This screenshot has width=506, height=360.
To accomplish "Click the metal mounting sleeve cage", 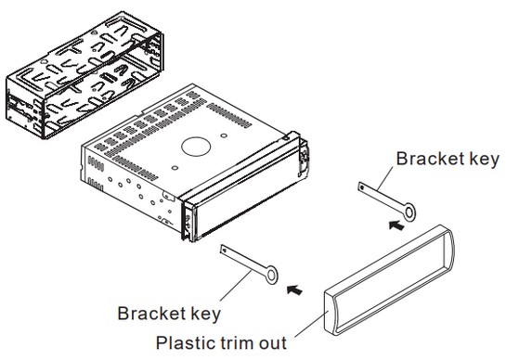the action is coord(84,75).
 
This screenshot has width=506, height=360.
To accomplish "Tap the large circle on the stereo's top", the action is coord(196,147).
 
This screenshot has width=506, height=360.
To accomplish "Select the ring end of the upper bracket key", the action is coord(409,212).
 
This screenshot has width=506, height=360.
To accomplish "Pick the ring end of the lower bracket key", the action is coord(271,276).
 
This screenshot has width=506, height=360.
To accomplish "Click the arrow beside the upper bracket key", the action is coord(396,225).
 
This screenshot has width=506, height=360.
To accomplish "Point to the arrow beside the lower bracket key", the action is coord(294,289).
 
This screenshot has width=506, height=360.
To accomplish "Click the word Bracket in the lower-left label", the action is coord(149,314).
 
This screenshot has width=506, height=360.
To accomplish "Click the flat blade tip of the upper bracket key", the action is coord(362,187).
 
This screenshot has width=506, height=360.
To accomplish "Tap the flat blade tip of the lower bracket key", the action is coord(225,250).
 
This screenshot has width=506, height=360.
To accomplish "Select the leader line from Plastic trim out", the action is coord(311,324).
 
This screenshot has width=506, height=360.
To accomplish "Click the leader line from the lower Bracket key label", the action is coord(236,286).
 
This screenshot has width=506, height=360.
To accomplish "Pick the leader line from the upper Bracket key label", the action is coord(385,178).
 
